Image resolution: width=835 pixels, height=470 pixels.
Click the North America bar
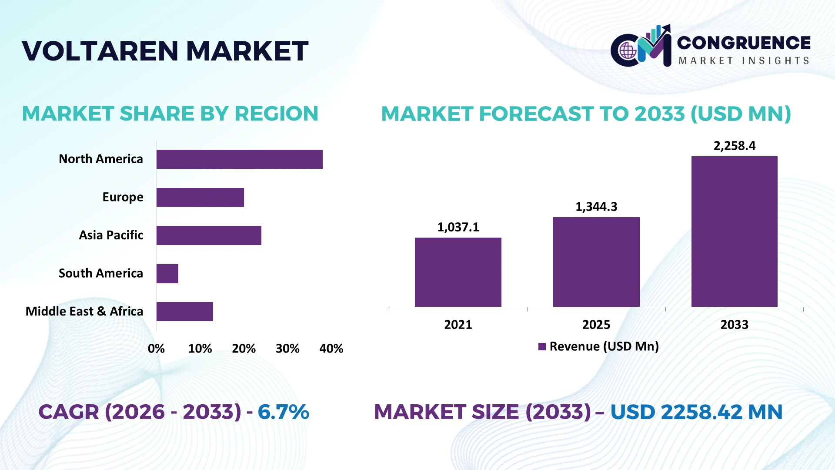240,159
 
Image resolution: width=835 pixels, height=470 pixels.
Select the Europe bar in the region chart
200,197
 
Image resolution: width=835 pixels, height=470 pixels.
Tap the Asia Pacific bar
209,235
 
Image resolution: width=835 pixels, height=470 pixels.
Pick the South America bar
167,274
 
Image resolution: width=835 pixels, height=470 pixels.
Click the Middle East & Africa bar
185,312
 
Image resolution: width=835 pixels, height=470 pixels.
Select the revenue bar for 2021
458,272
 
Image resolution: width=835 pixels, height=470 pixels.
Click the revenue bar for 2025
596,262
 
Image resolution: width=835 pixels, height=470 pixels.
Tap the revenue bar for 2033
735,232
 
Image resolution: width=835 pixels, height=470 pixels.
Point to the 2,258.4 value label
735,146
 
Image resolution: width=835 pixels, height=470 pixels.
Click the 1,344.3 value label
596,207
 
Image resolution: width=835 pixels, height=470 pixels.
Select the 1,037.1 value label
458,227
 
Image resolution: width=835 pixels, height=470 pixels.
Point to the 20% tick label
244,349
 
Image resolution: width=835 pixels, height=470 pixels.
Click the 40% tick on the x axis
331,349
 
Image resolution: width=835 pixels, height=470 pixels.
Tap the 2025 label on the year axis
596,325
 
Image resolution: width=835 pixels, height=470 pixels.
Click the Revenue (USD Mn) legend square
542,347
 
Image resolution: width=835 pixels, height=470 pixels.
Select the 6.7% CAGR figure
283,412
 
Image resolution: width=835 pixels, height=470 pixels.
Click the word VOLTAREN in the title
100,51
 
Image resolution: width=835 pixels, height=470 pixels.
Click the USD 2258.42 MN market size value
696,412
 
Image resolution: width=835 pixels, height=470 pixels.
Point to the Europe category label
123,197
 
